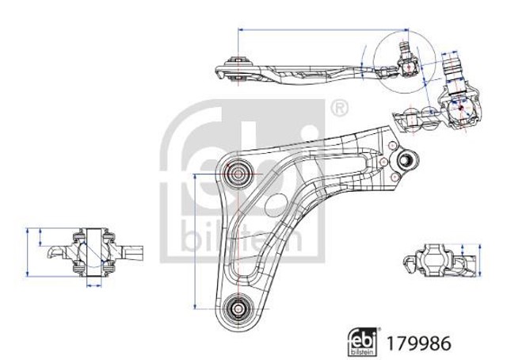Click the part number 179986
pyautogui.click(x=418, y=343)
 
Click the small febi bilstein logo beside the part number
pyautogui.click(x=363, y=342)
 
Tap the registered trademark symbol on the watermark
pyautogui.click(x=339, y=109)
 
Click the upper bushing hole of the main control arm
pyautogui.click(x=238, y=174)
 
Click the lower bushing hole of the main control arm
pyautogui.click(x=238, y=308)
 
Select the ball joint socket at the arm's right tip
pyautogui.click(x=404, y=159)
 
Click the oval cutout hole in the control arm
pyautogui.click(x=276, y=203)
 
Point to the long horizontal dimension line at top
pyautogui.click(x=323, y=29)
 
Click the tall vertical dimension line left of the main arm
pyautogui.click(x=195, y=242)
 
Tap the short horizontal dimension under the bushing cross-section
pyautogui.click(x=94, y=285)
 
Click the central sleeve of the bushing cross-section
pyautogui.click(x=94, y=252)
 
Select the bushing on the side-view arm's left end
pyautogui.click(x=238, y=69)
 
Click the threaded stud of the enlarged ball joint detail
pyautogui.click(x=452, y=67)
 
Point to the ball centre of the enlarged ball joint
pyautogui.click(x=461, y=108)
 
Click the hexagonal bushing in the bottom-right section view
pyautogui.click(x=433, y=260)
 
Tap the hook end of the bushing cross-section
pyautogui.click(x=55, y=251)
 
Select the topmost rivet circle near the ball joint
pyautogui.click(x=391, y=146)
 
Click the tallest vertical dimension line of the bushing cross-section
pyautogui.click(x=28, y=252)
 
